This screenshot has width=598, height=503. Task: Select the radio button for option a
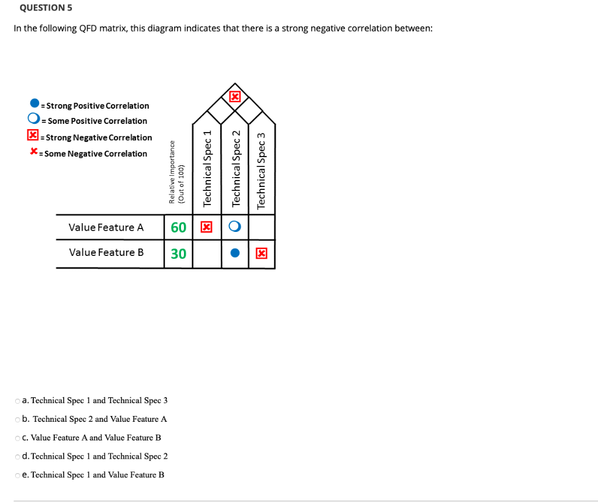point(18,401)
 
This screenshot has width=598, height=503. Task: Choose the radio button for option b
point(18,419)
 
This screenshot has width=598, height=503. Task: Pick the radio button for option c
point(18,438)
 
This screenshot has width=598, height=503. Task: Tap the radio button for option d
point(18,456)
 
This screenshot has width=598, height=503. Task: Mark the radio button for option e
point(18,475)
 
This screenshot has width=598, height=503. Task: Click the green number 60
point(178,227)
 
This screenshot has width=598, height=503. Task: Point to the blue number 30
point(178,254)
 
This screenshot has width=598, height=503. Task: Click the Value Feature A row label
point(106,227)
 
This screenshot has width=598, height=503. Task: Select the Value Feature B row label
point(106,252)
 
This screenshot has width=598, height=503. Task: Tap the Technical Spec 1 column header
point(207,168)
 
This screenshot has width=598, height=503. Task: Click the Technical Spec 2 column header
point(236,168)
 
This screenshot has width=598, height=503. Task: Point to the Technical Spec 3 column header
point(262,170)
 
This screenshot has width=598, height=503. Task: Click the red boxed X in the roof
point(235,96)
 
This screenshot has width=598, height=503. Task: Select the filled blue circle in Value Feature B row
point(235,254)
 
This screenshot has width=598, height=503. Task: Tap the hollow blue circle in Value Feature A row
point(235,227)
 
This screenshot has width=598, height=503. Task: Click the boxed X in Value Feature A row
point(206,227)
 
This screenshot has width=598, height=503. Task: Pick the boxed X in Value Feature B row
point(262,254)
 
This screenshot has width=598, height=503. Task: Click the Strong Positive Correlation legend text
point(97,106)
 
